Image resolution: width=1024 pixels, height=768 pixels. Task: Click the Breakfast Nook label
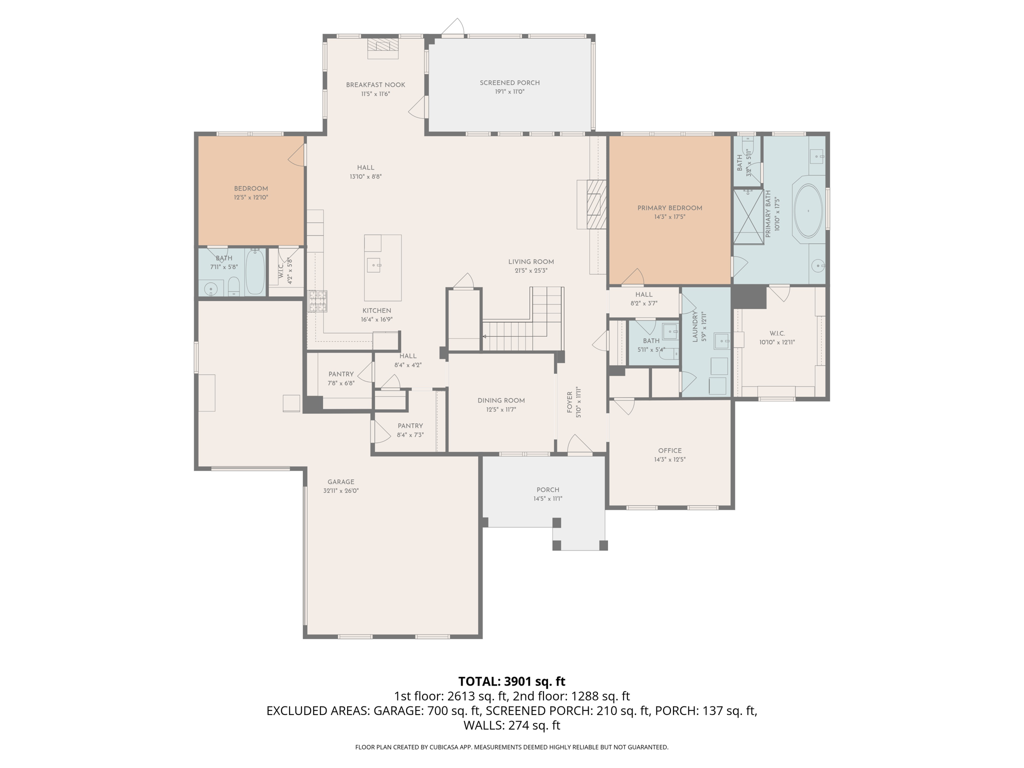(x=375, y=85)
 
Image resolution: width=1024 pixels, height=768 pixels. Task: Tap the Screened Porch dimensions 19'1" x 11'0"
(x=509, y=92)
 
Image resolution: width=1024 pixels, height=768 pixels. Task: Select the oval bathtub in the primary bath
(x=808, y=211)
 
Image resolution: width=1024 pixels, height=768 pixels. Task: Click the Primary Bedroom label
(x=669, y=208)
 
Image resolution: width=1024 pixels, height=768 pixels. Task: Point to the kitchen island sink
(x=373, y=264)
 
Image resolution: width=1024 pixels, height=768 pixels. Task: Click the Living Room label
(x=531, y=261)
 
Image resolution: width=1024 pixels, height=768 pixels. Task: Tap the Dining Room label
(x=501, y=400)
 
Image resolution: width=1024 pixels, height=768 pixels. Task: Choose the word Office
(x=669, y=450)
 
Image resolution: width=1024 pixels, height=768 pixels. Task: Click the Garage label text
(x=341, y=482)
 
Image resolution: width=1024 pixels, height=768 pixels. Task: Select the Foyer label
(x=569, y=402)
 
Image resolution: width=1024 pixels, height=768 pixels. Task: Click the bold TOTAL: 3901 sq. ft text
(x=511, y=681)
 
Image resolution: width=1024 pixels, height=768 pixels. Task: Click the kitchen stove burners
(x=317, y=301)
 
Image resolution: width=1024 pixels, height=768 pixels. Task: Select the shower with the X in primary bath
(x=748, y=216)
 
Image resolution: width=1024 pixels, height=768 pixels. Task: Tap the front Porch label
(x=547, y=490)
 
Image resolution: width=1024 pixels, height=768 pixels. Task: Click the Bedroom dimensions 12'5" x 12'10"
(x=251, y=197)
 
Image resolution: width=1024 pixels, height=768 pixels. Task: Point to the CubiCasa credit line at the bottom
(x=511, y=747)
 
